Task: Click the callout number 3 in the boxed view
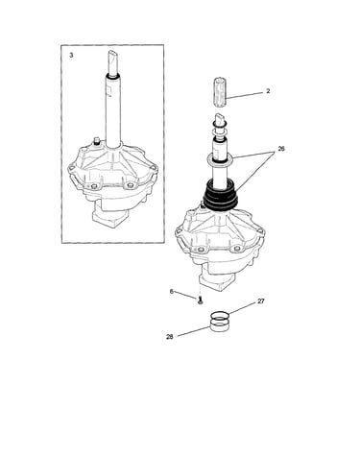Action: (71, 56)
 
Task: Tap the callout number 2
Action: (268, 91)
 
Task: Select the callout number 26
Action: (281, 149)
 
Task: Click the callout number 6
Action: (172, 292)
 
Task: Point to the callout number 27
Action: (261, 301)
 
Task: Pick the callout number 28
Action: (170, 337)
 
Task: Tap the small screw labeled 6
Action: (200, 300)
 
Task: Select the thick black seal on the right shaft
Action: (222, 196)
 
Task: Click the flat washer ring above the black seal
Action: (220, 159)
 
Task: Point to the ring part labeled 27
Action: (220, 315)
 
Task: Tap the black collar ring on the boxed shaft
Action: (113, 76)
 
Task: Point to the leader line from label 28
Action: (193, 331)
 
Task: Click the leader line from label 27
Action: (243, 308)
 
